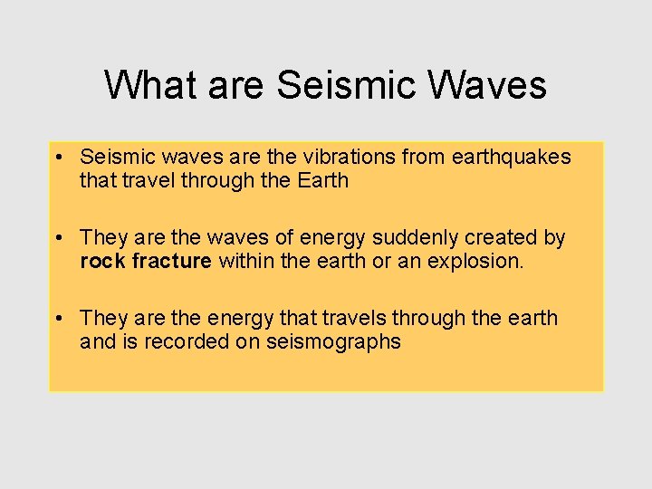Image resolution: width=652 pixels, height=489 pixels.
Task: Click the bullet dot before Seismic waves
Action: pos(57,158)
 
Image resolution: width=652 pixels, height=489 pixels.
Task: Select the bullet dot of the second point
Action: pos(57,238)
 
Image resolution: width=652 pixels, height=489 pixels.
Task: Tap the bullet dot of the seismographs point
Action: pos(57,319)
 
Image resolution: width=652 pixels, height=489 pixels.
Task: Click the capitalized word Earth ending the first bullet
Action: pos(322,180)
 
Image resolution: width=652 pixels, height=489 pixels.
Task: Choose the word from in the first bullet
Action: pos(423,157)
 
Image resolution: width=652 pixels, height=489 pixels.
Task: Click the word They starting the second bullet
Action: pos(103,237)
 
